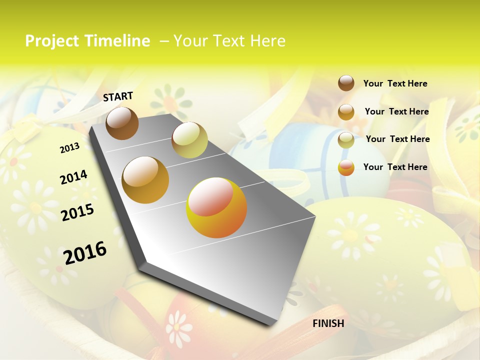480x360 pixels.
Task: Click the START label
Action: [x=118, y=96]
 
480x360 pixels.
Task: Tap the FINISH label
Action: [x=328, y=323]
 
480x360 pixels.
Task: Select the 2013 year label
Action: [x=69, y=148]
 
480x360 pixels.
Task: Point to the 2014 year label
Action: [x=73, y=177]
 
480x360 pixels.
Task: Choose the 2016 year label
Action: [x=85, y=253]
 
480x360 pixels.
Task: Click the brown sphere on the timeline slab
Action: [x=122, y=123]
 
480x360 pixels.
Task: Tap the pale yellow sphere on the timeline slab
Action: [x=189, y=139]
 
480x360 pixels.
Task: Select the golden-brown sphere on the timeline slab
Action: [x=145, y=180]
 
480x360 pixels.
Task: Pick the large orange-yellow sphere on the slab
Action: [x=216, y=207]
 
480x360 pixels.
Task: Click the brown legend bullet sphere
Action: [x=346, y=83]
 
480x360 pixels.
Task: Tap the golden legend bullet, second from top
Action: [x=346, y=112]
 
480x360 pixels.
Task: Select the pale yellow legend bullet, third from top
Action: [x=346, y=140]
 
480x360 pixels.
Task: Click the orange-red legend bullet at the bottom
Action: [x=346, y=167]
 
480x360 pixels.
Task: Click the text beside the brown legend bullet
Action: [x=395, y=84]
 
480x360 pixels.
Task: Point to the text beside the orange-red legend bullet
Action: [x=395, y=167]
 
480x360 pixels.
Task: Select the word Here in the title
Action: [x=267, y=41]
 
